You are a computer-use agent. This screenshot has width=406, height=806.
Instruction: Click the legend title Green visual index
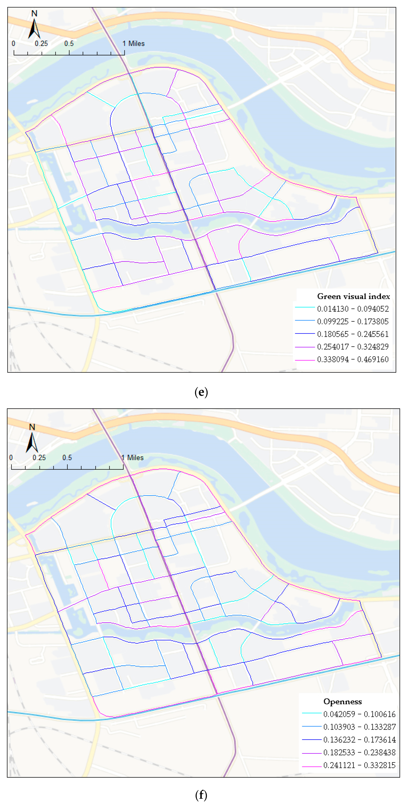click(353, 296)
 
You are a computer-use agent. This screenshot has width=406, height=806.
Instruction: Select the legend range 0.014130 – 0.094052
click(353, 309)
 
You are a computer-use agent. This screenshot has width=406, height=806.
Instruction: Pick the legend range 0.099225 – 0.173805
click(353, 321)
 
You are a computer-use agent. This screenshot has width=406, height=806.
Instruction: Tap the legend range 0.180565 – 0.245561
click(353, 334)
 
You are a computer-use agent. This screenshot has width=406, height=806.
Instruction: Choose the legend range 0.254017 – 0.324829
click(353, 347)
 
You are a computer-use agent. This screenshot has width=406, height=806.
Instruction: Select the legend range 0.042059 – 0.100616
click(359, 714)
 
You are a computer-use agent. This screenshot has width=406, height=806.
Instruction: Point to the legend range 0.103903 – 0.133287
click(359, 727)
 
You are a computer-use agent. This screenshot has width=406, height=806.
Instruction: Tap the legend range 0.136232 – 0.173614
click(359, 740)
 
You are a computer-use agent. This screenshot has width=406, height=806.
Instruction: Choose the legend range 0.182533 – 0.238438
click(359, 752)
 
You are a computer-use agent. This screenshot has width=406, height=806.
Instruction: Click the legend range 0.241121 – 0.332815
click(359, 765)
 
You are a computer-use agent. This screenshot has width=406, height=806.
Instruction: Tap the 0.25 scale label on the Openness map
click(39, 458)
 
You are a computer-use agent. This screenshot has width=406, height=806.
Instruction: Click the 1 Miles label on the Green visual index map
click(134, 44)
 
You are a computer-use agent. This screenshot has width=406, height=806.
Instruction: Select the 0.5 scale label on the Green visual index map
click(69, 44)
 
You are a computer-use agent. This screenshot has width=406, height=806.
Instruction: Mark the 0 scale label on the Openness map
click(11, 458)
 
